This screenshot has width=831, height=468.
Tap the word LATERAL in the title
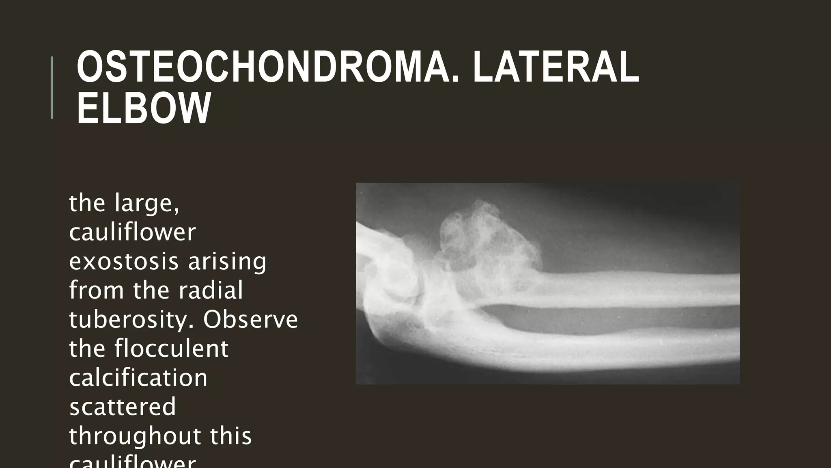555,67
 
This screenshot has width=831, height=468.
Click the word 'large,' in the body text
147,203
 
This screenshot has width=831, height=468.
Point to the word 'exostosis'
123,261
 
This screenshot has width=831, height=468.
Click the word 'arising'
227,261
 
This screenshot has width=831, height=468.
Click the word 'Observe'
250,319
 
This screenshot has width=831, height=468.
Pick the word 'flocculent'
171,349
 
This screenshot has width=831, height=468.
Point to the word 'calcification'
138,377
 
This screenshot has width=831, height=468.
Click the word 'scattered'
123,407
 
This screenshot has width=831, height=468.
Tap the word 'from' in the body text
97,290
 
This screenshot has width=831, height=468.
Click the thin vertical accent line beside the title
52,87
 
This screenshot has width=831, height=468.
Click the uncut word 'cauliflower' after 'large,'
132,232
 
